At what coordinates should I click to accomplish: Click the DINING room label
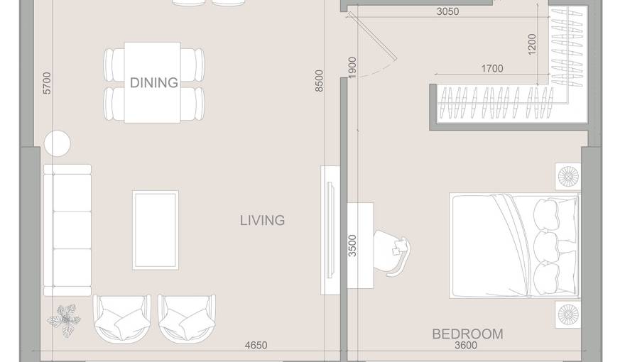[x=153, y=82]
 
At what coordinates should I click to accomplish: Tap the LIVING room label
[x=262, y=220]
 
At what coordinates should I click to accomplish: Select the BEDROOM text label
[x=467, y=334]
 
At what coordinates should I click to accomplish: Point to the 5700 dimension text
[x=48, y=83]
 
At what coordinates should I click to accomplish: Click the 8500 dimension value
[x=319, y=81]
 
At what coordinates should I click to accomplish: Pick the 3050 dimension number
[x=447, y=11]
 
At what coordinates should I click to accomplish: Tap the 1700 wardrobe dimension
[x=491, y=69]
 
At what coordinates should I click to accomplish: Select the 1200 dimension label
[x=533, y=44]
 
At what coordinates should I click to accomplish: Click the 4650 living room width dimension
[x=256, y=346]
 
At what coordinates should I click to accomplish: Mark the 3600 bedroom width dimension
[x=465, y=346]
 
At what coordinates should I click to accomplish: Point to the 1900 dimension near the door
[x=353, y=67]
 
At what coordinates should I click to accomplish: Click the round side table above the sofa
[x=58, y=144]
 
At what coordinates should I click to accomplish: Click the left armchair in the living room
[x=121, y=318]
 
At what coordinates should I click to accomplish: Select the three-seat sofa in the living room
[x=67, y=229]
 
